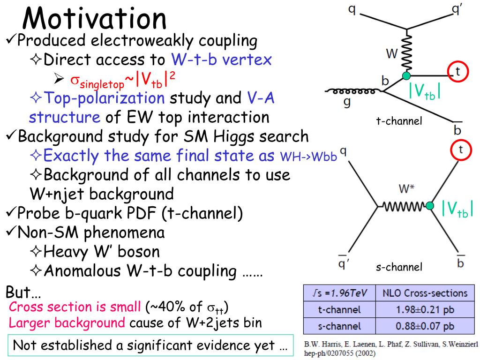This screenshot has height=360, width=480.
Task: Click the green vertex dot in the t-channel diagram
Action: pos(406,75)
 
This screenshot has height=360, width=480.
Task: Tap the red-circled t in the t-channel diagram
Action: pos(457,71)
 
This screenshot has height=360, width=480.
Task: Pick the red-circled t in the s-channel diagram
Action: pos(461,150)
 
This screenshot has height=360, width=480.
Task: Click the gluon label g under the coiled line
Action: pos(347,102)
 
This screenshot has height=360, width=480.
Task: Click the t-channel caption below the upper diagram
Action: pos(399,121)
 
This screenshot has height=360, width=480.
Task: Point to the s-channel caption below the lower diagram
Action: pos(399,267)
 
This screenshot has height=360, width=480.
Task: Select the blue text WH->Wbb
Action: pos(308,157)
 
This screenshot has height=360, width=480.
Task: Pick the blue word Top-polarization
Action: pos(104,98)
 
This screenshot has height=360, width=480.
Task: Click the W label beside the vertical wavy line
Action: pos(392,53)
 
